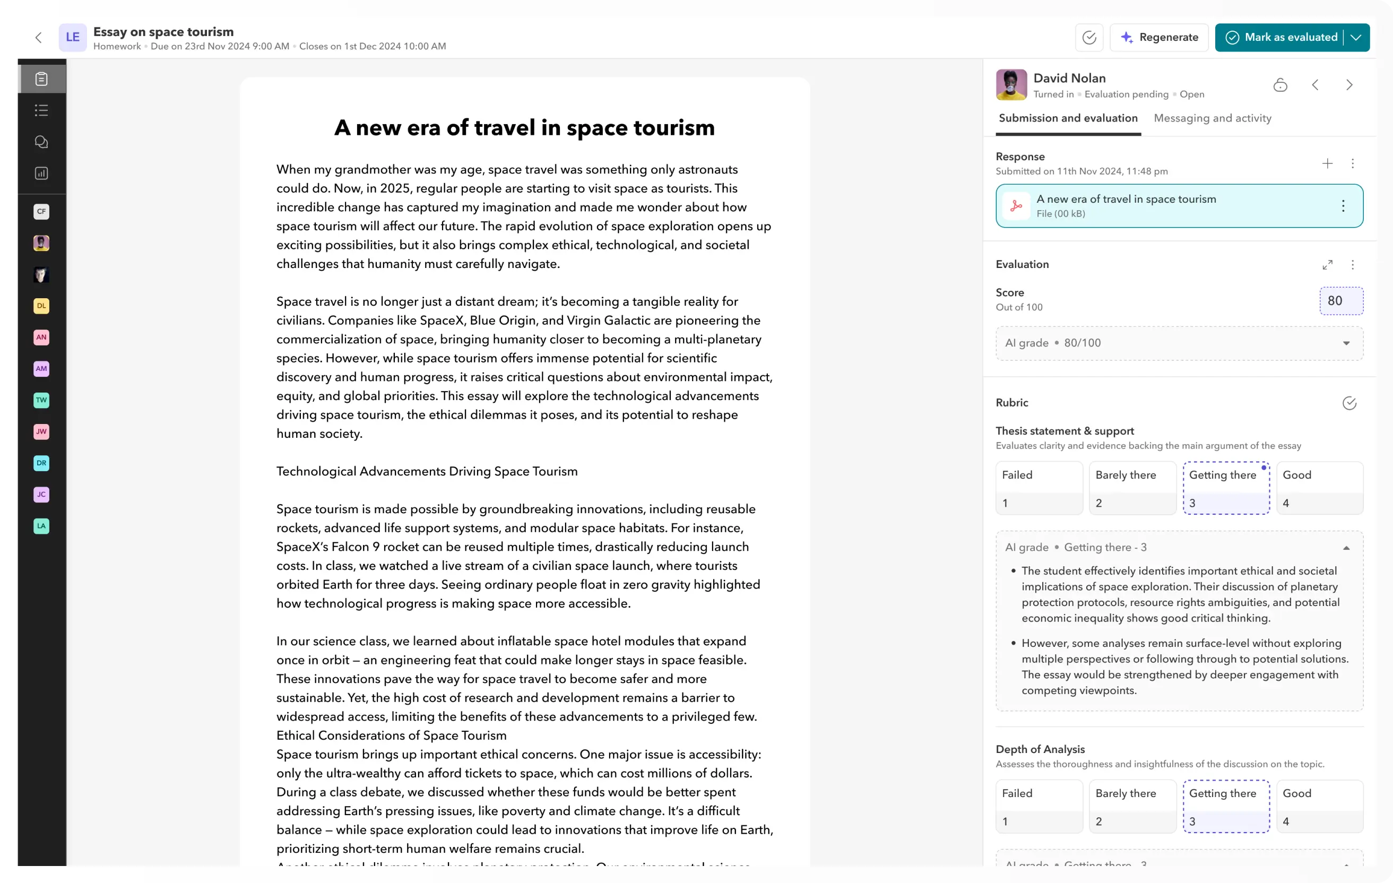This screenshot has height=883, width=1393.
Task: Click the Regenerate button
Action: tap(1160, 38)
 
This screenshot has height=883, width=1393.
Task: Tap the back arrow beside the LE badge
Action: tap(39, 38)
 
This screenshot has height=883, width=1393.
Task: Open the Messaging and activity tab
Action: tap(1213, 118)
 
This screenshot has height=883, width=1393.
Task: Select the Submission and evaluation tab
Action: tap(1068, 118)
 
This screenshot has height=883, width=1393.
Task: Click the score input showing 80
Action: tap(1341, 301)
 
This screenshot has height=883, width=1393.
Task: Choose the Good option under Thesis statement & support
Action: tap(1320, 487)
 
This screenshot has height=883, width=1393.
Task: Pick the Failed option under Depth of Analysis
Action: tap(1039, 806)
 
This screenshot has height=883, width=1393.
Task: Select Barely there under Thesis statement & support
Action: tap(1132, 487)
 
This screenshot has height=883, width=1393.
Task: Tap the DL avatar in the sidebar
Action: tap(41, 306)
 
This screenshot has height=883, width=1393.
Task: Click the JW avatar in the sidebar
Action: tap(41, 431)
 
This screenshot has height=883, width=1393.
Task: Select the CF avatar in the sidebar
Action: tap(41, 211)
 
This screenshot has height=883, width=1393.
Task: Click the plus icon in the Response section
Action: tap(1327, 164)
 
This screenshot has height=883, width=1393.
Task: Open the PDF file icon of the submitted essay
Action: tap(1016, 206)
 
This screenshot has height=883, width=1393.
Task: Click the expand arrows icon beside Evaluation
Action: tap(1327, 264)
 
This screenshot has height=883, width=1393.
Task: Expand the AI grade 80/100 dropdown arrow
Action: tap(1346, 343)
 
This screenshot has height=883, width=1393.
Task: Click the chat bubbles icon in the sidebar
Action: tap(41, 142)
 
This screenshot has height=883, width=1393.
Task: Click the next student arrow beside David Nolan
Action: tap(1349, 85)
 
